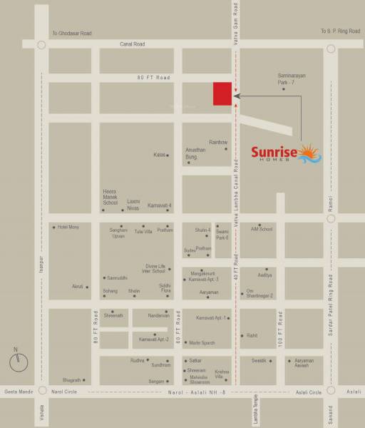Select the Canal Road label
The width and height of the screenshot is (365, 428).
[132, 44]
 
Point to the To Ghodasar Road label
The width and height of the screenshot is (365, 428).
[71, 34]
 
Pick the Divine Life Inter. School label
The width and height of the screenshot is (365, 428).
[155, 268]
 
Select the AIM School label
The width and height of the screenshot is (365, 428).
[262, 229]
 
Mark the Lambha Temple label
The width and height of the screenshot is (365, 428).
[255, 412]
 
